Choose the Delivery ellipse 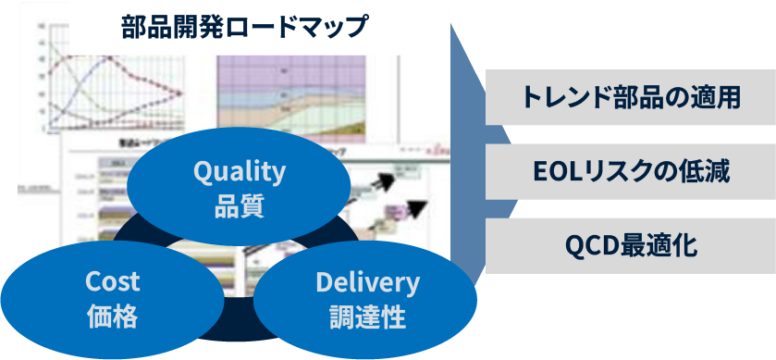pyautogui.click(x=366, y=299)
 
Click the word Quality pyautogui.click(x=239, y=171)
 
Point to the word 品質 pyautogui.click(x=239, y=205)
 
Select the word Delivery pyautogui.click(x=366, y=281)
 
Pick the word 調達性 pyautogui.click(x=366, y=317)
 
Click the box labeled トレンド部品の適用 pyautogui.click(x=631, y=97)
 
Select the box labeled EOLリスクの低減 pyautogui.click(x=631, y=171)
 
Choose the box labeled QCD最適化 pyautogui.click(x=631, y=246)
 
